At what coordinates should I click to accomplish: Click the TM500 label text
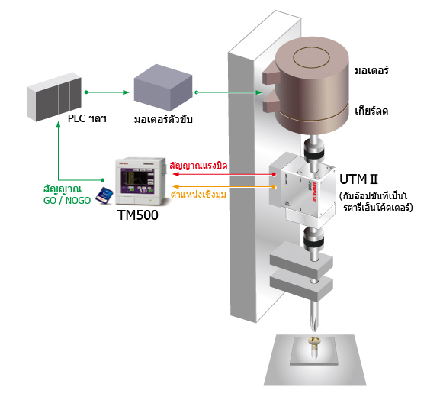(138, 215)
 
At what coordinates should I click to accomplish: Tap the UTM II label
(358, 179)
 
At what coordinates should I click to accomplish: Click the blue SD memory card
(104, 195)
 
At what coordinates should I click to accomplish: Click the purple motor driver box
(163, 87)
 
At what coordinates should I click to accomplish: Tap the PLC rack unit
(54, 97)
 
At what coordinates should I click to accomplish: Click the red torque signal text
(198, 165)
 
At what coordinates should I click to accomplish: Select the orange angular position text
(198, 195)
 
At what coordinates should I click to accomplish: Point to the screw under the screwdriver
(314, 347)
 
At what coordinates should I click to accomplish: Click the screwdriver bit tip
(314, 331)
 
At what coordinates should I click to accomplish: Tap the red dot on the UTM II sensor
(274, 174)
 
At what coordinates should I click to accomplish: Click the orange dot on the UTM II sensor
(274, 187)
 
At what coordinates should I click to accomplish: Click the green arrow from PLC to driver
(107, 92)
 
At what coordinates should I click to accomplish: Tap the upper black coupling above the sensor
(314, 150)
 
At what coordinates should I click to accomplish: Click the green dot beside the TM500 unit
(102, 180)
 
